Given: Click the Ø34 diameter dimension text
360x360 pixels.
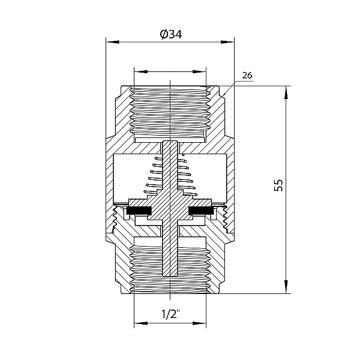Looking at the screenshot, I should (170, 34).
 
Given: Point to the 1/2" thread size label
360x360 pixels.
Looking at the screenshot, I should (170, 314).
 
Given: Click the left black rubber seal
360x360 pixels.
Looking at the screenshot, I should (139, 211).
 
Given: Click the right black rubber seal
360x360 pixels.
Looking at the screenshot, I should (201, 211).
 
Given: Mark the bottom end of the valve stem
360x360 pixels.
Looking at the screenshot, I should (170, 274).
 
